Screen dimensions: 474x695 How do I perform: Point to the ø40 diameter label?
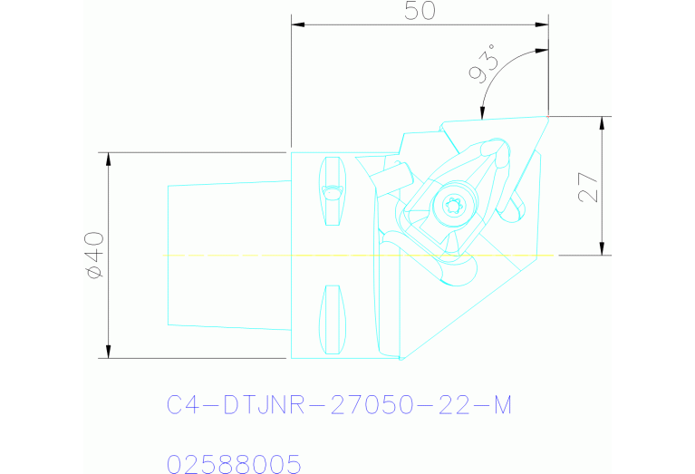coord(93,256)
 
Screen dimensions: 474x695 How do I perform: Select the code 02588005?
coord(234,465)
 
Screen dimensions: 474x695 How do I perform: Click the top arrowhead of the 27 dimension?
coord(602,123)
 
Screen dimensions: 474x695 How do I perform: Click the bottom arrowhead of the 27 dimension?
coord(602,248)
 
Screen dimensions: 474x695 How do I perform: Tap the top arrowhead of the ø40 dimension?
coord(109,159)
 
